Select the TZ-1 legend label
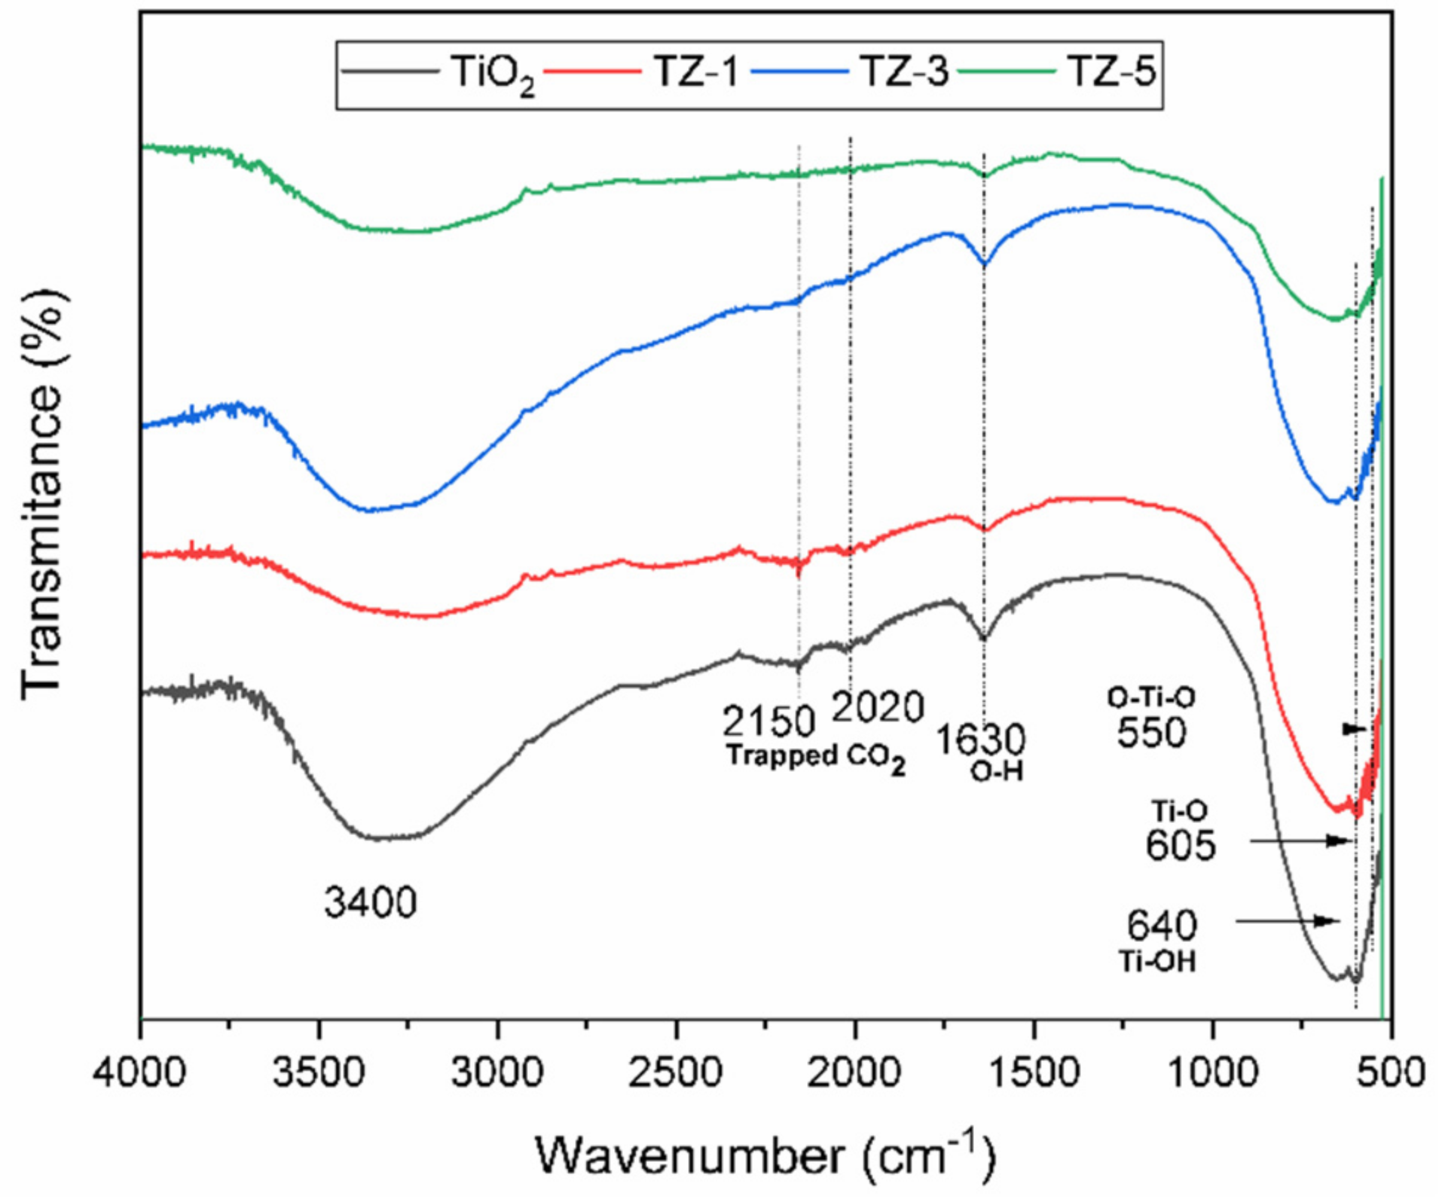[x=698, y=73]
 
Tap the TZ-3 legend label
[x=904, y=73]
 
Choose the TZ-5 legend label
[x=1112, y=73]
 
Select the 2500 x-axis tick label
[x=676, y=1072]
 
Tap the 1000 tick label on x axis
[x=1213, y=1072]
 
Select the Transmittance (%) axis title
[x=43, y=493]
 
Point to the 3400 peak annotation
[x=370, y=902]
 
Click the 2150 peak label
[x=768, y=722]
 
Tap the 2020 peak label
[x=878, y=707]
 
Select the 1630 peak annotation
[x=980, y=740]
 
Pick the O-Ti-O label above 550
[x=1151, y=697]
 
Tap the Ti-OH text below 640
[x=1157, y=962]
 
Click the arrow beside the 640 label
[x=1288, y=921]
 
